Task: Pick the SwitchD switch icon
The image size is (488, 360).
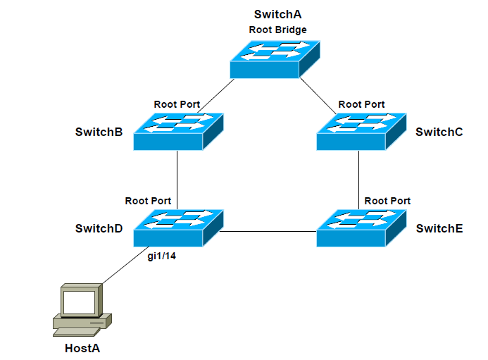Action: (x=177, y=228)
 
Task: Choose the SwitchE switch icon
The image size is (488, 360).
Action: (x=361, y=228)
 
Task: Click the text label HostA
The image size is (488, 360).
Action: (x=82, y=348)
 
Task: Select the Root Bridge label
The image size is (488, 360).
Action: (x=278, y=30)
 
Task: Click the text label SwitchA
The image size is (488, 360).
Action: (x=278, y=15)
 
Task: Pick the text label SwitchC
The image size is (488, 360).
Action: (x=439, y=132)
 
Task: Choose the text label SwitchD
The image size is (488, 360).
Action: (x=99, y=229)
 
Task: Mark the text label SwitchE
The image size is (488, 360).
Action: (x=439, y=229)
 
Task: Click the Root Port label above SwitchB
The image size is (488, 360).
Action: (x=177, y=104)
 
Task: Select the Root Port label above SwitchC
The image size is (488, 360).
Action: (x=361, y=104)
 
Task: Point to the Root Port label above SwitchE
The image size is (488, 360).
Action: (x=387, y=201)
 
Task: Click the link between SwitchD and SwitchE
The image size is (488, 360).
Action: (x=269, y=231)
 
